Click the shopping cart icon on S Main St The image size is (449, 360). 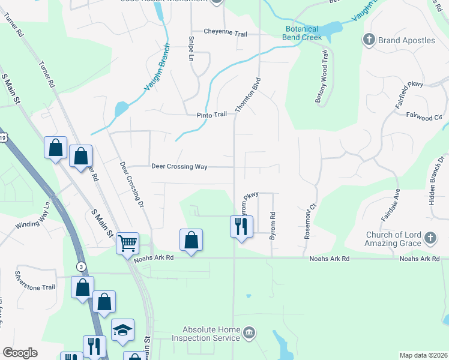pos(127,244)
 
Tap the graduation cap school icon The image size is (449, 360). pos(122,329)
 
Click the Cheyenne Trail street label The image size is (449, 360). pos(225,33)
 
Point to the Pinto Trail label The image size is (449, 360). pos(212,115)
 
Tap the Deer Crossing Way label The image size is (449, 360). pos(179,166)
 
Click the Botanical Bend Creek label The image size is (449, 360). pos(303,32)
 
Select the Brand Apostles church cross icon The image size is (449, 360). pos(369,40)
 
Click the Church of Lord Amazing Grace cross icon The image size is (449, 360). pos(430,238)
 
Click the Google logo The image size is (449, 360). pos(20,353)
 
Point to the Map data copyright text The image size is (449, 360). pos(423,355)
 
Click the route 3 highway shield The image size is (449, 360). pos(80,266)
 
